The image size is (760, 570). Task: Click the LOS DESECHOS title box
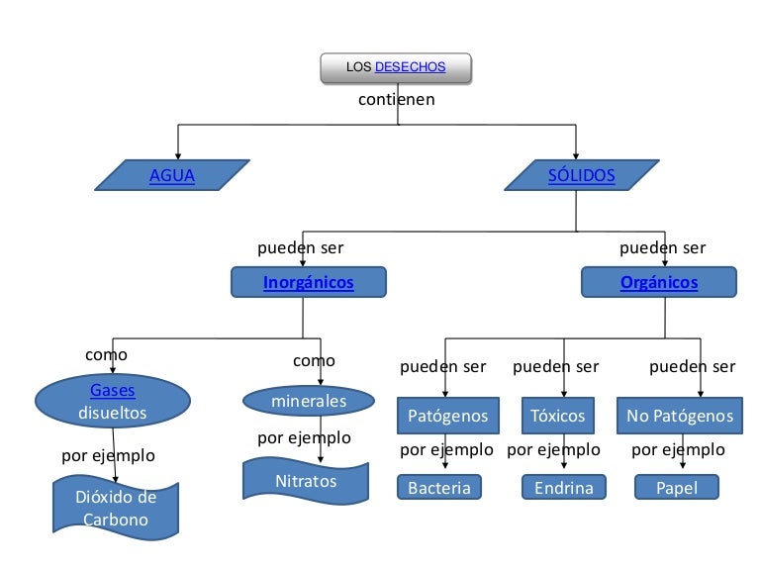pos(396,67)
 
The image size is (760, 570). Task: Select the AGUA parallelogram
pos(172,176)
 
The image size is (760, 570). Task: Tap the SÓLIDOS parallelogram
pos(581,176)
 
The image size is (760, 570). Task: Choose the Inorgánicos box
pos(308,283)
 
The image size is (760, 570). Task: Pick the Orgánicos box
pos(659,283)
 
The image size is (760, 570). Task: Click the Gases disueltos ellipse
pos(113,402)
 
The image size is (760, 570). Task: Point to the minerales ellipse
pos(309,401)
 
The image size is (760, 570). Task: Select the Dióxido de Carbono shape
pos(116,508)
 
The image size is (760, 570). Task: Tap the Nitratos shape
pos(306,482)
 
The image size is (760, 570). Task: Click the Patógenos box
pos(441,416)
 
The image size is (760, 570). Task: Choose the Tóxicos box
pos(558,416)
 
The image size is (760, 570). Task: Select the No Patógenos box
pos(680,416)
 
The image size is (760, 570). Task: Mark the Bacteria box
pos(439,488)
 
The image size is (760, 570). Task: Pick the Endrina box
pos(564,488)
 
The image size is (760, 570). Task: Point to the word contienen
pos(396,99)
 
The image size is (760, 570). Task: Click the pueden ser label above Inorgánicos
pos(301,247)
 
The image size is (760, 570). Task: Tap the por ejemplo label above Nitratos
pos(304,437)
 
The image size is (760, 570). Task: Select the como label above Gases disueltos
pos(106,354)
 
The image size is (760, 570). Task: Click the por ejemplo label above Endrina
pos(553,450)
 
